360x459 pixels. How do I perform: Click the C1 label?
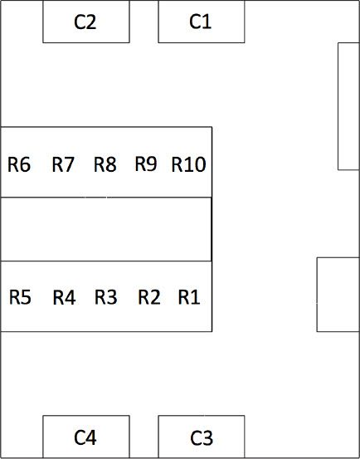pyautogui.click(x=201, y=22)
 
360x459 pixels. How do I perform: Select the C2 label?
pyautogui.click(x=85, y=22)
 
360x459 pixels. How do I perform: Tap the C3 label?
pyautogui.click(x=202, y=438)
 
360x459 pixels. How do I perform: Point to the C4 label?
pyautogui.click(x=85, y=438)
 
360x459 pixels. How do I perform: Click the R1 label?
pyautogui.click(x=189, y=297)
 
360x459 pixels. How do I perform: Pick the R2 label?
pyautogui.click(x=149, y=297)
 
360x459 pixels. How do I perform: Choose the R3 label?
pyautogui.click(x=105, y=297)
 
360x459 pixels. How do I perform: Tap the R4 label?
pyautogui.click(x=64, y=297)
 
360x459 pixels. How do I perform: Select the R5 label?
pyautogui.click(x=20, y=297)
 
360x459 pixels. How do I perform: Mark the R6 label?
pyautogui.click(x=19, y=164)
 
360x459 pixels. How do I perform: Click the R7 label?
pyautogui.click(x=63, y=164)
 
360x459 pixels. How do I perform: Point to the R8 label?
pyautogui.click(x=105, y=164)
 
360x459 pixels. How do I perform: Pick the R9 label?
pyautogui.click(x=146, y=164)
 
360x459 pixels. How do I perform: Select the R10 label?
pyautogui.click(x=188, y=164)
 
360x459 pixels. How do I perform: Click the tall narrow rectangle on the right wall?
pyautogui.click(x=348, y=105)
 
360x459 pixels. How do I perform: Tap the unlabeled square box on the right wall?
pyautogui.click(x=338, y=294)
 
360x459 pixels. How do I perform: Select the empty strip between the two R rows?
pyautogui.click(x=105, y=229)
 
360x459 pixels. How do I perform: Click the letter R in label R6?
pyautogui.click(x=14, y=164)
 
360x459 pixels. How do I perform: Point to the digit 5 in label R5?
pyautogui.click(x=26, y=297)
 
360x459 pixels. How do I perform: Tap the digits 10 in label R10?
pyautogui.click(x=195, y=164)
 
